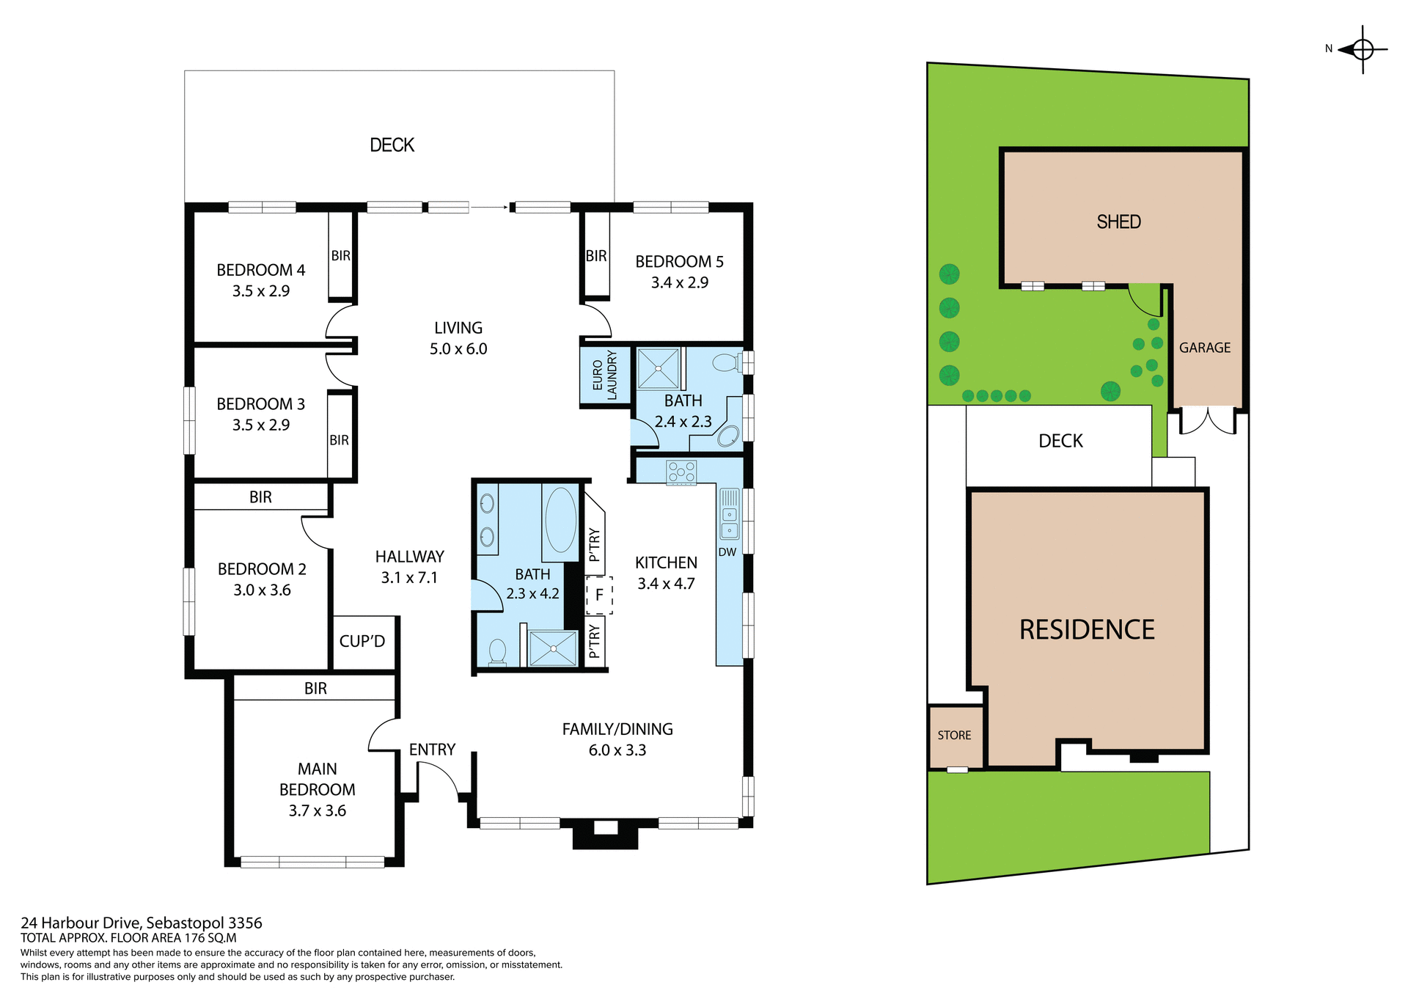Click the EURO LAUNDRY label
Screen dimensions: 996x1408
(x=605, y=375)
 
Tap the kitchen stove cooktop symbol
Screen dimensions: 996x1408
(x=681, y=472)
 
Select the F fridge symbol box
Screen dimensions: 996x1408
(x=599, y=595)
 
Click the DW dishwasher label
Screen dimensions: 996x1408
(x=727, y=552)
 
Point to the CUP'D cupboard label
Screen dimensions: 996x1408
(x=362, y=641)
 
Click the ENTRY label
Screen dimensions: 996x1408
(x=432, y=750)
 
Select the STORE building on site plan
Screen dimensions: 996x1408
(x=954, y=736)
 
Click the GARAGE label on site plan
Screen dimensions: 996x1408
(x=1204, y=348)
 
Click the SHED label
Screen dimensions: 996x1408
(x=1118, y=221)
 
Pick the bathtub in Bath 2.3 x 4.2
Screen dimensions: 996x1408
(x=561, y=520)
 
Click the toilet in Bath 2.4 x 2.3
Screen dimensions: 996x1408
(x=726, y=362)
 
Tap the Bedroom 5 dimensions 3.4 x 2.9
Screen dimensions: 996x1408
(x=679, y=282)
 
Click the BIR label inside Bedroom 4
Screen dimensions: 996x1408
(x=340, y=256)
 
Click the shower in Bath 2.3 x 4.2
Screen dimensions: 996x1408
(x=553, y=648)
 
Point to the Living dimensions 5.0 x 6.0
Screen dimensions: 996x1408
(x=458, y=349)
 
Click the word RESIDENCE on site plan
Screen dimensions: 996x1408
(x=1086, y=630)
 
